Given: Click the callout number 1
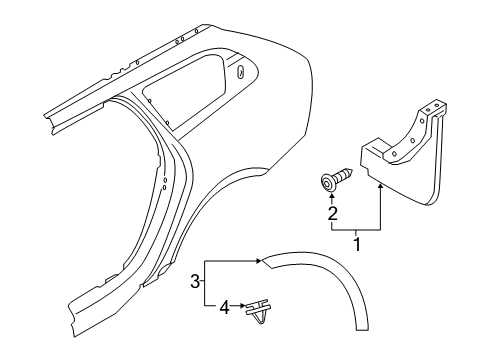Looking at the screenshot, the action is pyautogui.click(x=357, y=245).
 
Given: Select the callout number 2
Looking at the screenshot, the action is pyautogui.click(x=332, y=214).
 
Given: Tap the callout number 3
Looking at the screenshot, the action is pyautogui.click(x=195, y=281).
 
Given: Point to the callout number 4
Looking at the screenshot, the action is pyautogui.click(x=224, y=307).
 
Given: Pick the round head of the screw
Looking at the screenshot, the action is pyautogui.click(x=328, y=183).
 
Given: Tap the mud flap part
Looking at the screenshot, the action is pyautogui.click(x=404, y=153).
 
